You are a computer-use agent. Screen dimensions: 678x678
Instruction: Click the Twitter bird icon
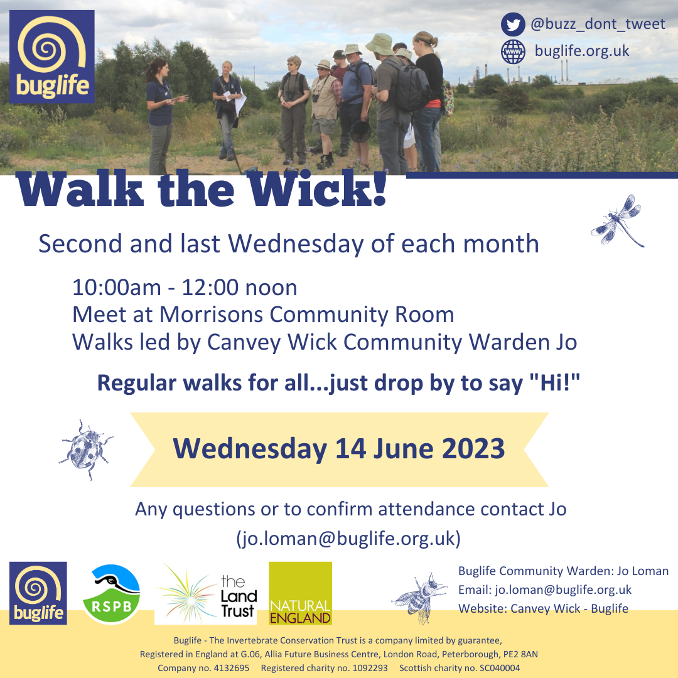[513, 25]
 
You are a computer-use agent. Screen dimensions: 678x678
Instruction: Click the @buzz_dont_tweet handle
[598, 24]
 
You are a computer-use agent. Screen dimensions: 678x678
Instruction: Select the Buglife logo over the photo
[52, 56]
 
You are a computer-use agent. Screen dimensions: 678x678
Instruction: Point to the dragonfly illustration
[618, 221]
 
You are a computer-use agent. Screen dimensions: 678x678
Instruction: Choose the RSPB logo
[111, 594]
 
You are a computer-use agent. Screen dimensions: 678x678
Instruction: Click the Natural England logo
[300, 593]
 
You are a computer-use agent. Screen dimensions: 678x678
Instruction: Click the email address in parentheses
[348, 539]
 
